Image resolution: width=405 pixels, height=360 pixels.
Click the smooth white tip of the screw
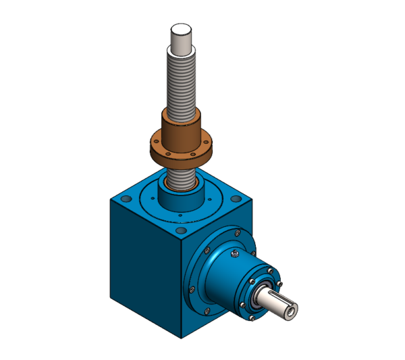[x=182, y=36]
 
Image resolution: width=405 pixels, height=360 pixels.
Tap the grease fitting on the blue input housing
[x=234, y=253]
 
